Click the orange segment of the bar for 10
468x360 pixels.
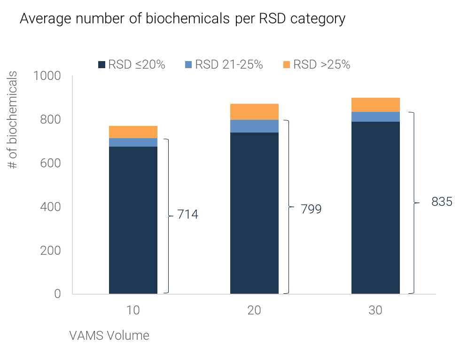(133, 132)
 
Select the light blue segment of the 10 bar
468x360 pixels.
(133, 142)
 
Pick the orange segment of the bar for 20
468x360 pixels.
(254, 112)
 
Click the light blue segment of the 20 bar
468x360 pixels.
(254, 126)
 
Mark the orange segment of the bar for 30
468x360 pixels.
(375, 104)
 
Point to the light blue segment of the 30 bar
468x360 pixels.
(375, 117)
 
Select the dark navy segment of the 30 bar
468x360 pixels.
(375, 208)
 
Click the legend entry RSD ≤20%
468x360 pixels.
(132, 65)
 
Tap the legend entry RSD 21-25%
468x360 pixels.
(224, 65)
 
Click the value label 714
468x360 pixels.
(187, 215)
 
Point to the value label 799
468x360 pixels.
(311, 209)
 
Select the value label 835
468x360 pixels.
(442, 202)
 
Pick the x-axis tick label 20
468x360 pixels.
(254, 311)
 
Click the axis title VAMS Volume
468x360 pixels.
(109, 336)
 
